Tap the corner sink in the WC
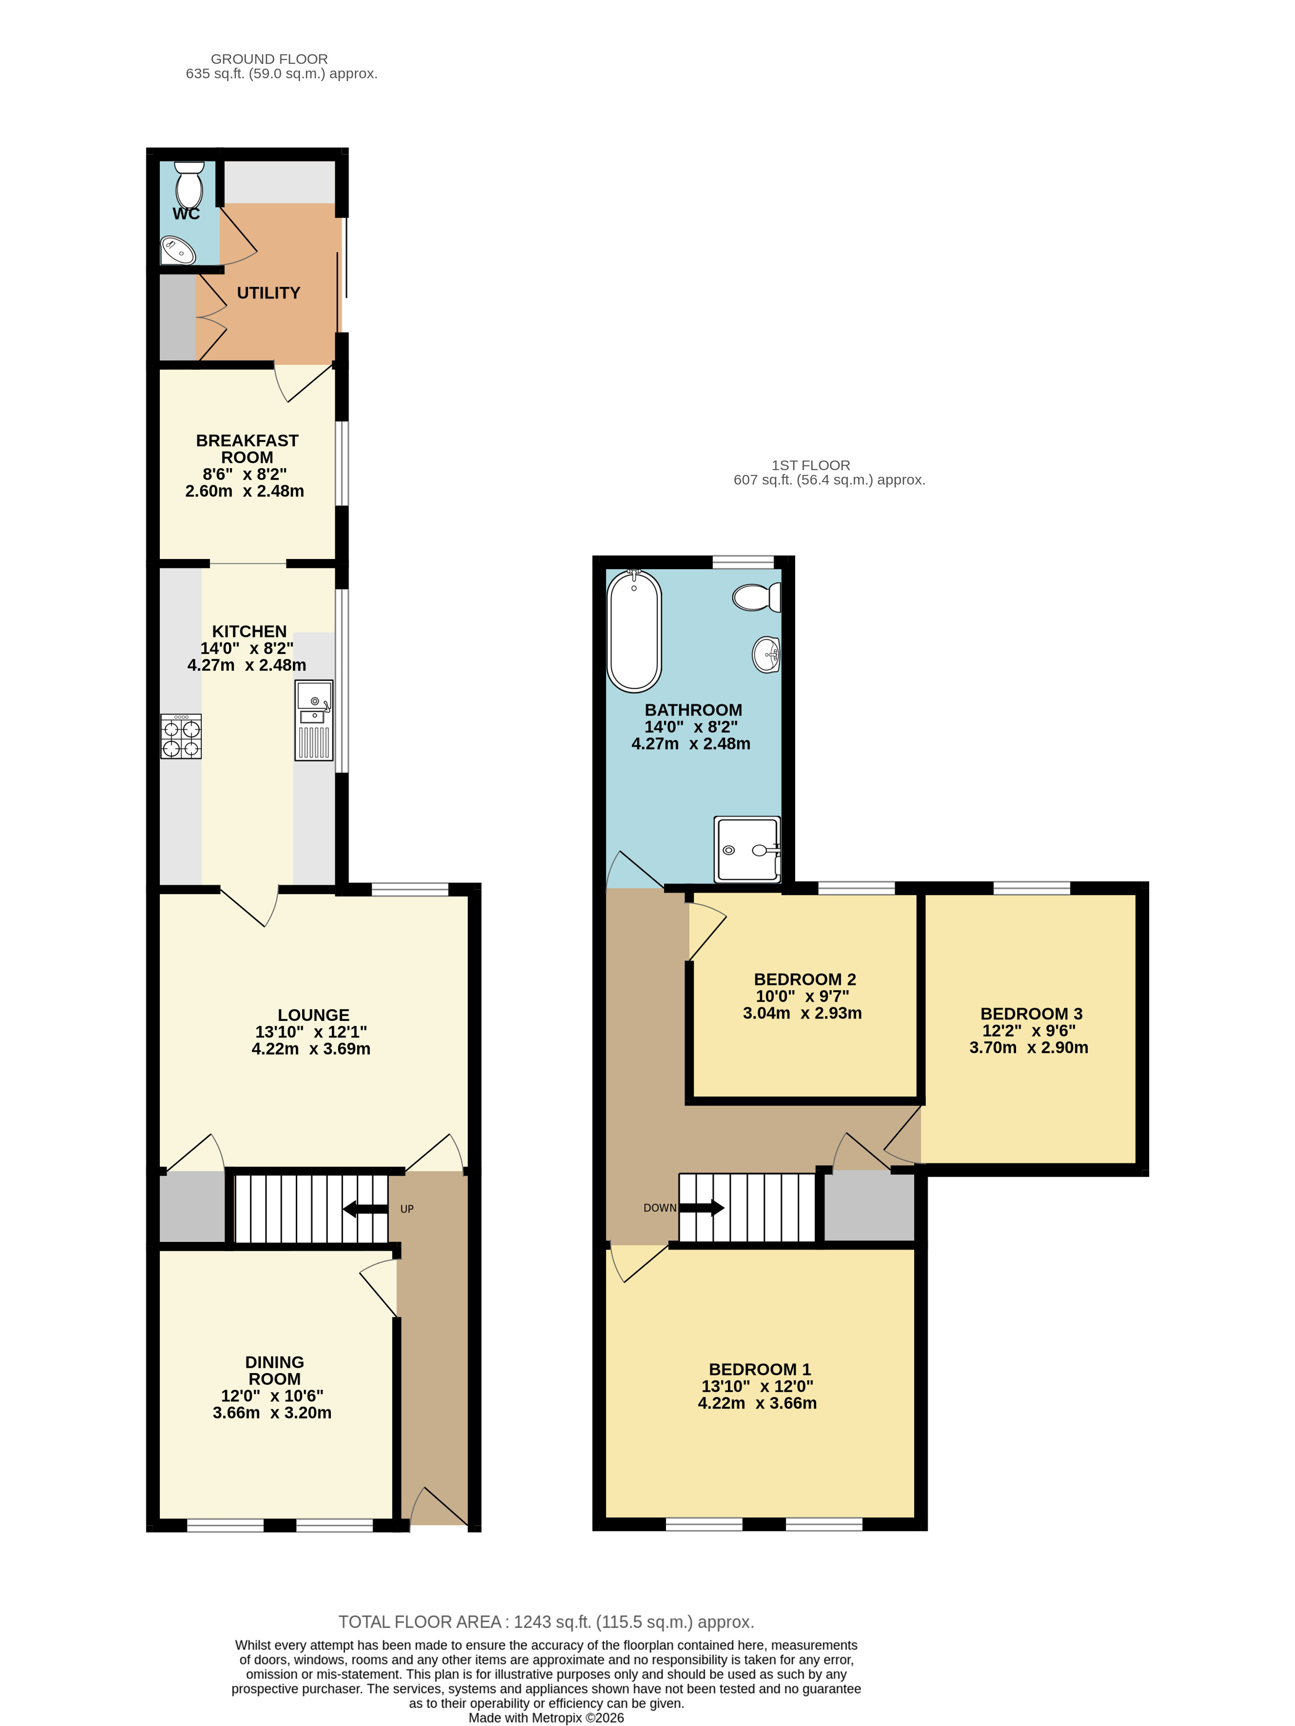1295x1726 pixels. [x=178, y=251]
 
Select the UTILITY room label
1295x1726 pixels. [x=268, y=292]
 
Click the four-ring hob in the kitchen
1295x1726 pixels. [x=181, y=736]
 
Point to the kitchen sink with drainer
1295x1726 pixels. [x=314, y=719]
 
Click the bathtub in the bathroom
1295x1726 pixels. [x=634, y=631]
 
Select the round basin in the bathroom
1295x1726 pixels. [x=766, y=654]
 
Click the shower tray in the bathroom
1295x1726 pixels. [x=747, y=849]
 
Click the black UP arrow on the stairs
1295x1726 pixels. [x=365, y=1209]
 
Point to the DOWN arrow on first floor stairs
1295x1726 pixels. [x=702, y=1208]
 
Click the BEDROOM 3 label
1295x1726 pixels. [x=1031, y=1014]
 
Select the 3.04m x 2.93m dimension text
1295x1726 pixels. [x=802, y=1013]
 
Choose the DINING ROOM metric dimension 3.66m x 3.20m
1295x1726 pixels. [x=272, y=1412]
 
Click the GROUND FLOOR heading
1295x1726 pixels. [x=269, y=59]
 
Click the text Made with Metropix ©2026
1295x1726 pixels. [x=546, y=1717]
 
